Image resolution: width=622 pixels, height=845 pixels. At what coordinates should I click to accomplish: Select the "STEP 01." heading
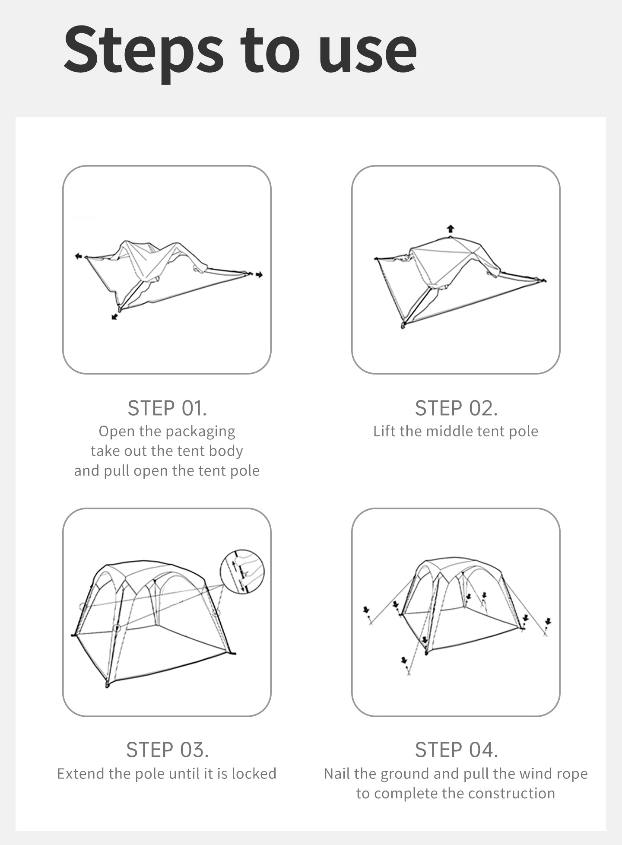pos(167,408)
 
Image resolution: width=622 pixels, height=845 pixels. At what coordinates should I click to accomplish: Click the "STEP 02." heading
pos(456,408)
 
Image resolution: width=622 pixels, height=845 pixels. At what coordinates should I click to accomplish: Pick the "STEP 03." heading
pos(167,750)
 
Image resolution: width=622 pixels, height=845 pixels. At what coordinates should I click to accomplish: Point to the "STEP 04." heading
pos(456,750)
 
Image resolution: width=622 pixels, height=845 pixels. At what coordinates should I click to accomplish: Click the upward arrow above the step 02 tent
pos(451,229)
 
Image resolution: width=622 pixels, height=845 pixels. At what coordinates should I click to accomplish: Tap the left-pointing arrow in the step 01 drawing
pos(78,256)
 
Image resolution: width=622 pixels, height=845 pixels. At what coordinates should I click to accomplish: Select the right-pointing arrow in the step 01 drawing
pos(259,275)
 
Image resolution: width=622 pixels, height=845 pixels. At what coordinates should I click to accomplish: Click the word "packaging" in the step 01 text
pos(200,432)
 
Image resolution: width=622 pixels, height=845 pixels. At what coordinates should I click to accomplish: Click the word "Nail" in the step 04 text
pos(337,773)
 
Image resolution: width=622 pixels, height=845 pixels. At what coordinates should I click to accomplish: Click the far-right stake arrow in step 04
pos(548,622)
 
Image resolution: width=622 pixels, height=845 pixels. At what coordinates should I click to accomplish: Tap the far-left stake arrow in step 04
pos(366,610)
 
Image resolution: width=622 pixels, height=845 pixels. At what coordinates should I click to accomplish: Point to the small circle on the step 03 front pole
pos(117,628)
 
